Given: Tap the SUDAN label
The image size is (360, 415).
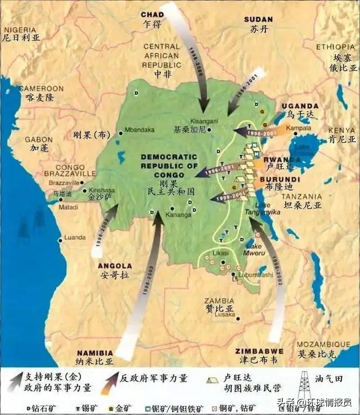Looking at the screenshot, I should click(258, 20).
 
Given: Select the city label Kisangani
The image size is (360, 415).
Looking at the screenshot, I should click(190, 120).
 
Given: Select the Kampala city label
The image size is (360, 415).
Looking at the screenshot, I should click(285, 128).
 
